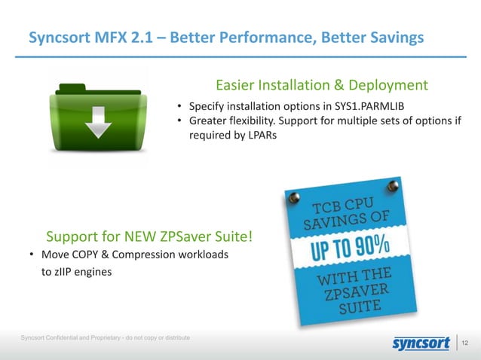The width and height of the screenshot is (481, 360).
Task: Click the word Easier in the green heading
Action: [239, 85]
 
